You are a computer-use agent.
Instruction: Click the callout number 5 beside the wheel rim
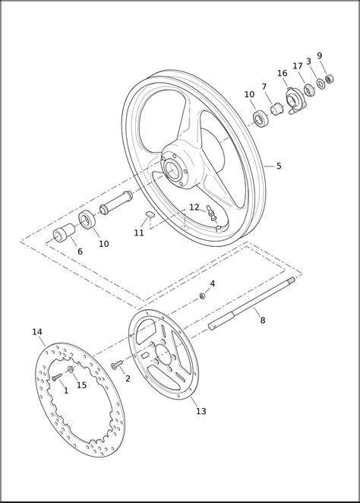pyautogui.click(x=279, y=166)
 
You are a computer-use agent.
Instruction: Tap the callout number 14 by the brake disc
pyautogui.click(x=37, y=332)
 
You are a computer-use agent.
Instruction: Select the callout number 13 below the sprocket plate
pyautogui.click(x=201, y=411)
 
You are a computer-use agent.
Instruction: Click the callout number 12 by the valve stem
pyautogui.click(x=194, y=207)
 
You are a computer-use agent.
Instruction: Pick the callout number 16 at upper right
pyautogui.click(x=282, y=74)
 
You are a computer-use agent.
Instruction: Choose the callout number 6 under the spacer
pyautogui.click(x=81, y=251)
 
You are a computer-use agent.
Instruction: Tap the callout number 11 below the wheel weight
pyautogui.click(x=139, y=233)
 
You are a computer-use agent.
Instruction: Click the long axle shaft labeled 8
pyautogui.click(x=251, y=303)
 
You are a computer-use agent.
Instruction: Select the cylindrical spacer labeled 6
pyautogui.click(x=64, y=233)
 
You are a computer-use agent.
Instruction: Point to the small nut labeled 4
pyautogui.click(x=202, y=296)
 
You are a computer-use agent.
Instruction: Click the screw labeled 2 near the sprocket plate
pyautogui.click(x=117, y=365)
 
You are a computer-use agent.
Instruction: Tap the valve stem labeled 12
pyautogui.click(x=211, y=213)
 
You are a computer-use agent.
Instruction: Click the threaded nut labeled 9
pyautogui.click(x=329, y=78)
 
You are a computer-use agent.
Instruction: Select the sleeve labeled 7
pyautogui.click(x=276, y=109)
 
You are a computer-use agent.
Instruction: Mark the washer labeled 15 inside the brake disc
pyautogui.click(x=71, y=369)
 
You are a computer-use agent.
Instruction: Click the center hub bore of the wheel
pyautogui.click(x=173, y=169)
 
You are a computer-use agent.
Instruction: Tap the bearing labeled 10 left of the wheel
pyautogui.click(x=87, y=220)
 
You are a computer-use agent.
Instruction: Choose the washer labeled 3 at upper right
pyautogui.click(x=321, y=84)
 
